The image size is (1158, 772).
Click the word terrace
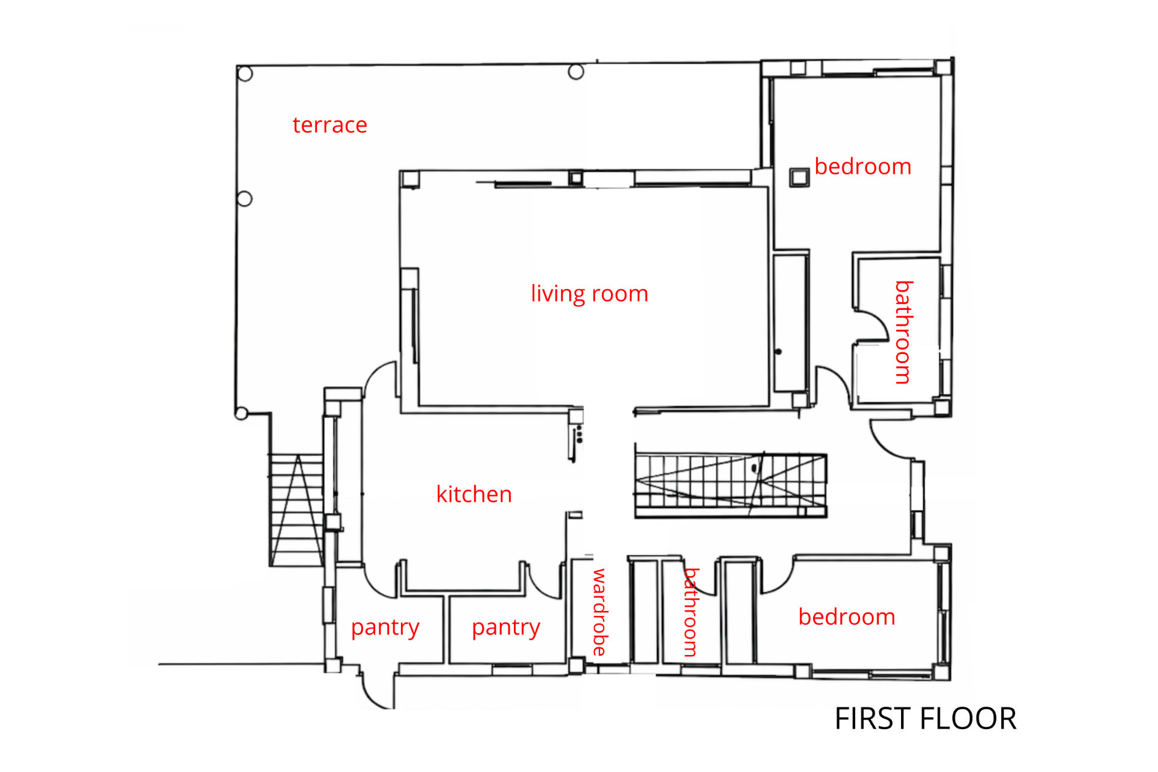(330, 125)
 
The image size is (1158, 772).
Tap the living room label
(589, 294)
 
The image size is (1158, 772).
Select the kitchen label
(474, 494)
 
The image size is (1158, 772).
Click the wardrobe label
(600, 612)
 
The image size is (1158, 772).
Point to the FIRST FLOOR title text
(925, 718)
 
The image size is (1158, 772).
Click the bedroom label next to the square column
(863, 166)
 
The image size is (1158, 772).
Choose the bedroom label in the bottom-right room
(847, 617)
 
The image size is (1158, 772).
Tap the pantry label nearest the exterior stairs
(385, 628)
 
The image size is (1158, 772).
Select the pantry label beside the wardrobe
(505, 628)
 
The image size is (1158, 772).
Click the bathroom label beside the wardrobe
(691, 612)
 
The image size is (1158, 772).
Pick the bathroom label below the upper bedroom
(903, 332)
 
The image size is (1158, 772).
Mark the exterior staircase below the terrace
(296, 510)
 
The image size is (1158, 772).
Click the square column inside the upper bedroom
(800, 177)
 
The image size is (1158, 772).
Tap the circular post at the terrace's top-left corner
(245, 74)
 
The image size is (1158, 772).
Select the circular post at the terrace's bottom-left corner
(241, 414)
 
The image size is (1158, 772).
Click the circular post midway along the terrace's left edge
(245, 198)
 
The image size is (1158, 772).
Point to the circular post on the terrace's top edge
(576, 72)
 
